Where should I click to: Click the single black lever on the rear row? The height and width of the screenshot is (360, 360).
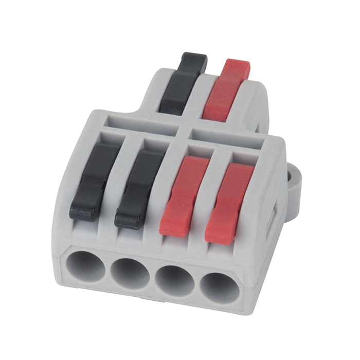(x=182, y=82)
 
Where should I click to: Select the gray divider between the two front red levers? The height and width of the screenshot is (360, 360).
(x=205, y=195)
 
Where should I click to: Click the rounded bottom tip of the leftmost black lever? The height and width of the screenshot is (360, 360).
(x=83, y=212)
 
